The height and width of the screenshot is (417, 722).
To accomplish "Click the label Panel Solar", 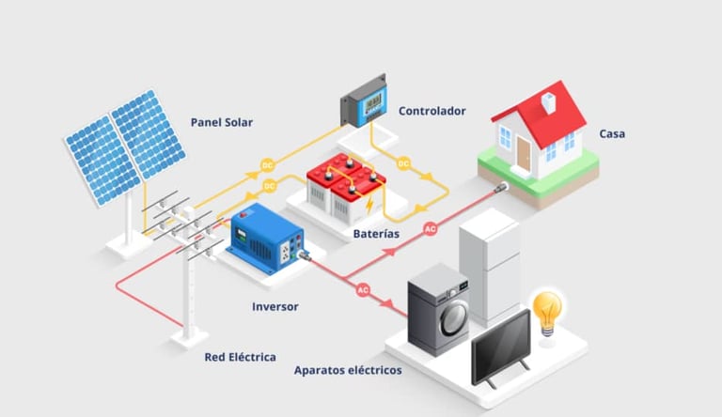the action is [221, 122].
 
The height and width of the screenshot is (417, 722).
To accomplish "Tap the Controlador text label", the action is [432, 111].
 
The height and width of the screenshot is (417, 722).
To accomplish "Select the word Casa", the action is [612, 133].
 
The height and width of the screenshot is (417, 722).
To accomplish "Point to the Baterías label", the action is [376, 233].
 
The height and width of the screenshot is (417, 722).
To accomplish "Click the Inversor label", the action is [275, 306].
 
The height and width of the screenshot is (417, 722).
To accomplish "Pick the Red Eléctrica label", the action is [240, 357].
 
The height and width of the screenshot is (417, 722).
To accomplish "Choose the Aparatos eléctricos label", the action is [348, 370].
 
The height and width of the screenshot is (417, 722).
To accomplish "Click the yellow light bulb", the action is [547, 308].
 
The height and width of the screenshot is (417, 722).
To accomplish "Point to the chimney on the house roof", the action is [549, 100].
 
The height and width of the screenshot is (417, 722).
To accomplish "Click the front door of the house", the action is [524, 153].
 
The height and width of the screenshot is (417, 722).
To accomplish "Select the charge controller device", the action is [363, 100].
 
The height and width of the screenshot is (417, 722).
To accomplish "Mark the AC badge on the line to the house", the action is [430, 228].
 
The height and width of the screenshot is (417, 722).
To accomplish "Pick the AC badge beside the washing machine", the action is [363, 290].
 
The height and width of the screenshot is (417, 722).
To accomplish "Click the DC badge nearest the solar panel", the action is [267, 165].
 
